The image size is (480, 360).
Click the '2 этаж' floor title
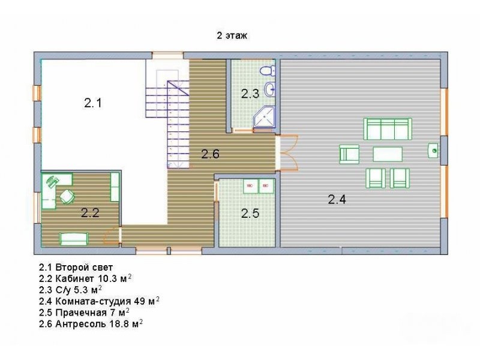[232, 35]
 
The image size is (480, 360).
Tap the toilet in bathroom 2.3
[267, 71]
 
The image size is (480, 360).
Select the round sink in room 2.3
[270, 89]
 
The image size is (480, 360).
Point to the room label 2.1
[93, 103]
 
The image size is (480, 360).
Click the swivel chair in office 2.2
[67, 196]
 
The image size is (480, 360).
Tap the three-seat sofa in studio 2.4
[388, 129]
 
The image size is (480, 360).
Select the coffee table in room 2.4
[388, 154]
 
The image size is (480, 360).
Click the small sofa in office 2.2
[74, 239]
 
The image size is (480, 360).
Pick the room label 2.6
[211, 154]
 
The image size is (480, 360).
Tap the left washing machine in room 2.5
[250, 186]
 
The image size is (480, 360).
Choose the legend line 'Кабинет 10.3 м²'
[85, 278]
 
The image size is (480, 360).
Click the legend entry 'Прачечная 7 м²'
[84, 312]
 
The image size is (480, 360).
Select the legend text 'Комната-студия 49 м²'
[99, 301]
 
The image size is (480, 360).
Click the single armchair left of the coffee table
[349, 154]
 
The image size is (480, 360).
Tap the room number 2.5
[250, 214]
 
